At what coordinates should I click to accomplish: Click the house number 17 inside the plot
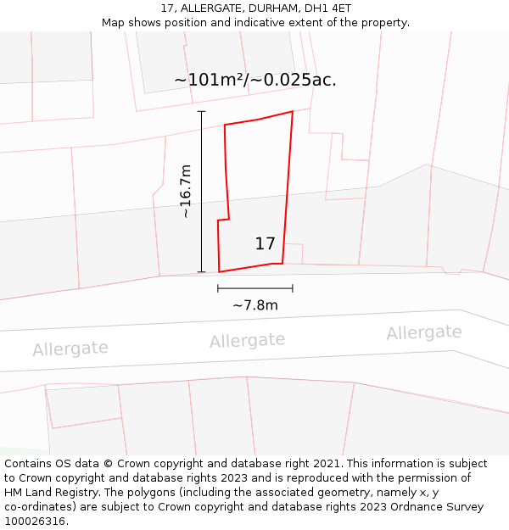click(x=265, y=244)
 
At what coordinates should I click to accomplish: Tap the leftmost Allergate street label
click(x=70, y=349)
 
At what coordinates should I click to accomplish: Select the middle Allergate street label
click(x=247, y=341)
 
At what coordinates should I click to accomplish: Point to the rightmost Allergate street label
click(x=423, y=332)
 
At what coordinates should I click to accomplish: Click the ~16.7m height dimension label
click(x=185, y=192)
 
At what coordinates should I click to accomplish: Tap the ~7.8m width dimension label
click(x=255, y=305)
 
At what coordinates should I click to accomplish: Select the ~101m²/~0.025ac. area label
click(x=255, y=81)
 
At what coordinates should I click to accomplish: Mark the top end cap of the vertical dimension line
click(x=201, y=111)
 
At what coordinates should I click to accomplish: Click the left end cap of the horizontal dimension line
click(x=218, y=288)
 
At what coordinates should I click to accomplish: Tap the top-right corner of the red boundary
click(x=293, y=111)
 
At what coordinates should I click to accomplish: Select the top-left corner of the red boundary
click(x=224, y=126)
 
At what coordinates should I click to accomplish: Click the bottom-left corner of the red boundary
click(x=219, y=272)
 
